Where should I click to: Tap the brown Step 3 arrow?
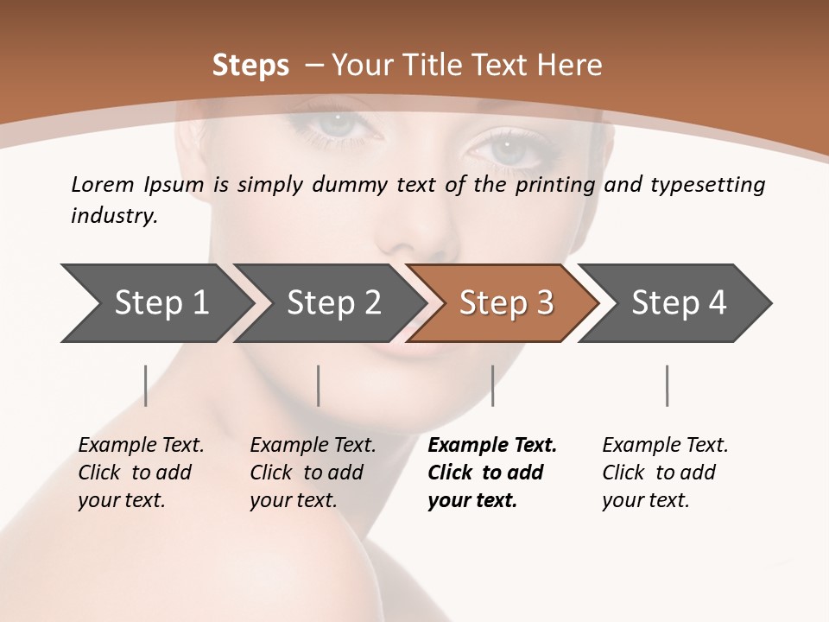(506, 303)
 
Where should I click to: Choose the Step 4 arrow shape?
(679, 303)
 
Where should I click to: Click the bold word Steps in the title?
(250, 65)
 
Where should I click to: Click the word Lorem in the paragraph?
(103, 185)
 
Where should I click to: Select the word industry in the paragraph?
(113, 216)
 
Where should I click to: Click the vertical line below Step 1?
(146, 385)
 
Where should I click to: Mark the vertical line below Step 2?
(319, 385)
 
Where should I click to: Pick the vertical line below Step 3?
(492, 385)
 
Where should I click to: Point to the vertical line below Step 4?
(667, 385)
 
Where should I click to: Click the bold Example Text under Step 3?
(492, 446)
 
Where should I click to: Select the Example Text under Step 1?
(141, 446)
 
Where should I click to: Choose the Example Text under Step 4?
(665, 446)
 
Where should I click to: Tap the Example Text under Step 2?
(313, 446)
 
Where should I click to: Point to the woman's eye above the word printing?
(509, 148)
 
